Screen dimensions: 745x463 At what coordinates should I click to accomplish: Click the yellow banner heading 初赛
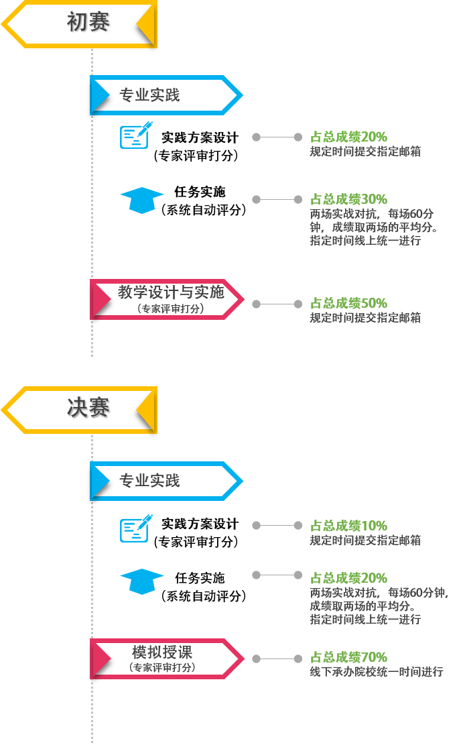point(87,23)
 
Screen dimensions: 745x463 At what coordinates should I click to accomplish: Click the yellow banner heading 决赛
point(87,408)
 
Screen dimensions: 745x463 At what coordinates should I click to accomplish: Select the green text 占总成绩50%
point(348,303)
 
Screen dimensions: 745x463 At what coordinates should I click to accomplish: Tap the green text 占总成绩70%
point(348,657)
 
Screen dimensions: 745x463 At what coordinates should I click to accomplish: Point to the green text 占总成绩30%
point(348,199)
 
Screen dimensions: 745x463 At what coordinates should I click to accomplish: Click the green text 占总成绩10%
point(348,526)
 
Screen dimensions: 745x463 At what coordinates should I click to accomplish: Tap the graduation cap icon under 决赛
point(141,581)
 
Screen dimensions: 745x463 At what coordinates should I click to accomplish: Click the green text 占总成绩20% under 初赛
point(348,137)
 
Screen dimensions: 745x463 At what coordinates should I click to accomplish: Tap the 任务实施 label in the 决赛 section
point(200,578)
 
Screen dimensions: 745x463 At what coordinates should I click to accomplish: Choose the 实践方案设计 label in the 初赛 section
point(200,138)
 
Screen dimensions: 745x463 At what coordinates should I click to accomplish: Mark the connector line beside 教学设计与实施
point(277,304)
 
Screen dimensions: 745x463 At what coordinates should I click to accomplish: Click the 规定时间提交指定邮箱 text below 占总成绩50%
point(365,318)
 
